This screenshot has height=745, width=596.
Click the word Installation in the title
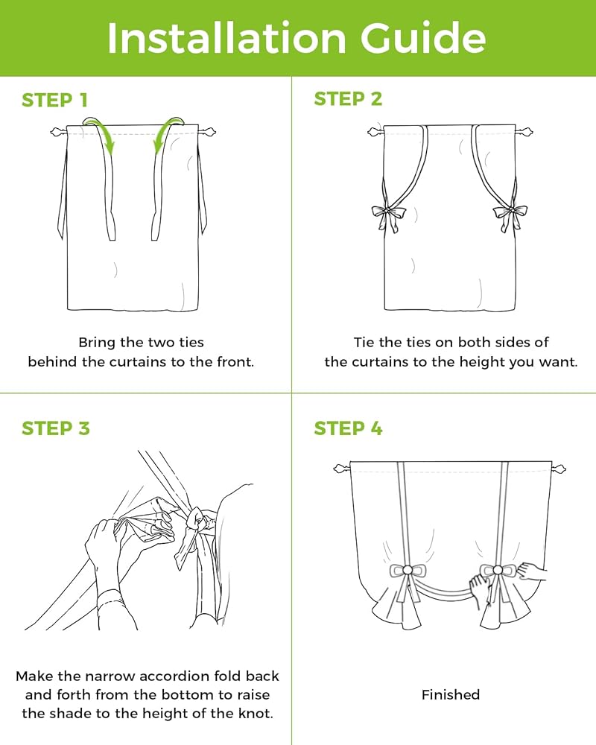(226, 38)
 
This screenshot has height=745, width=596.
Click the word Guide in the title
(423, 38)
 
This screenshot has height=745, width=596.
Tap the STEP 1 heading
(54, 100)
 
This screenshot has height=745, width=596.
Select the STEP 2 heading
(348, 99)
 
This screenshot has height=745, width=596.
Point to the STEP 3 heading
(56, 428)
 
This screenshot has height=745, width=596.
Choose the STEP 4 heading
(348, 428)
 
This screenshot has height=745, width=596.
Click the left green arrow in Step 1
(101, 133)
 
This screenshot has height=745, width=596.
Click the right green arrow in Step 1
(168, 133)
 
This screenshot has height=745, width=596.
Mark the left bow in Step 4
(408, 571)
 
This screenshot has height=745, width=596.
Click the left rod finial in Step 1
(58, 132)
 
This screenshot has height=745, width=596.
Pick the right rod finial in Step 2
(524, 132)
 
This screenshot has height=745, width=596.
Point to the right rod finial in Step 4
(559, 469)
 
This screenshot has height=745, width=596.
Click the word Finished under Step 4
(451, 694)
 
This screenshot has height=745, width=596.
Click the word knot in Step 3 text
(258, 713)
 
